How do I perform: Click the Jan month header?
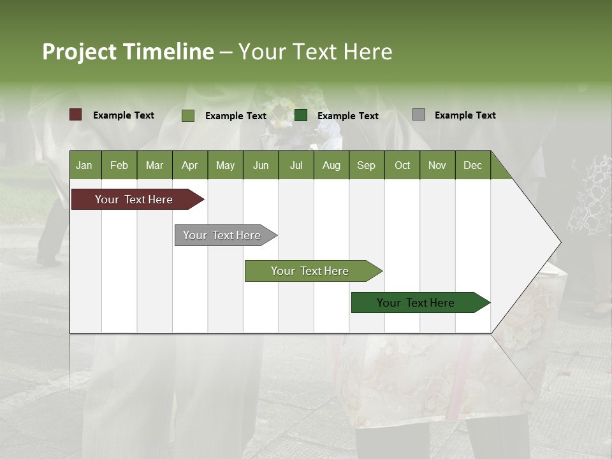pos(84,165)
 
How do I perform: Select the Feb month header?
pos(119,165)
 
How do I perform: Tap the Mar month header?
pos(154,165)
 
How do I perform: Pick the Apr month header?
pos(190,165)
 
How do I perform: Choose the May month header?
pos(225,165)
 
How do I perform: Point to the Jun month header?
pos(261,165)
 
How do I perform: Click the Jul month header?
pos(296,165)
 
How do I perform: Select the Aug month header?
pos(331,165)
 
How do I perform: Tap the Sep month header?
pos(367,165)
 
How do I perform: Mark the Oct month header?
pos(402,165)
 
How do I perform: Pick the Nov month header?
pos(437,165)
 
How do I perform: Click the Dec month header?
pos(473,165)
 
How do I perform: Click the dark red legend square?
pos(76,115)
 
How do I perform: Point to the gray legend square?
pos(419,115)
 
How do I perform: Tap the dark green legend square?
pos(301,115)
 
